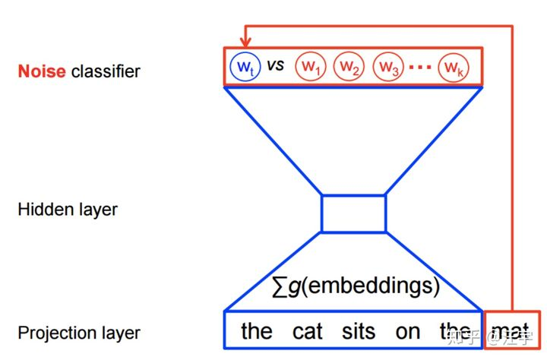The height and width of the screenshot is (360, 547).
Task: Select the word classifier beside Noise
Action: coord(106,72)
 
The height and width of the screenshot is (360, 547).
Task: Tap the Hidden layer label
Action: coord(68,209)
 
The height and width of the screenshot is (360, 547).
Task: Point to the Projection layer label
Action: coord(79,333)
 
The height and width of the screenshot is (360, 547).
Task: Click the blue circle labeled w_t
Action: coord(243,67)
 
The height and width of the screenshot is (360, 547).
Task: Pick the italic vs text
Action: coord(274,66)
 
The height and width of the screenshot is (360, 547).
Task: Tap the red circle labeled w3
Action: coord(387,67)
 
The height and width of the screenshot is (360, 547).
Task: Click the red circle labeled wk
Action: coord(453,67)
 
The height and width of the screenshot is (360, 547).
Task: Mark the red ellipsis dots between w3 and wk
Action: coord(420,68)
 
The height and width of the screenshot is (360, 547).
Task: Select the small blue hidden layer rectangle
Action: coord(354,213)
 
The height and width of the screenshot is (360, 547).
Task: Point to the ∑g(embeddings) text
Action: coord(356,286)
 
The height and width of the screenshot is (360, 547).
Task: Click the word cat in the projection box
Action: coord(308,331)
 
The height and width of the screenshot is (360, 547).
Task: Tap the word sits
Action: coord(359,331)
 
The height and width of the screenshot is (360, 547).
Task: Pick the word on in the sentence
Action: coord(407,331)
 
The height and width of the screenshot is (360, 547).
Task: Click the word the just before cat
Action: coord(256,331)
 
